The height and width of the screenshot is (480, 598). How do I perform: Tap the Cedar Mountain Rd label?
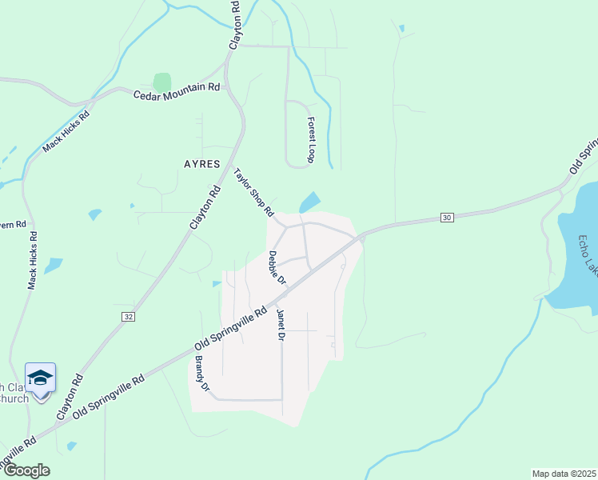click(x=177, y=92)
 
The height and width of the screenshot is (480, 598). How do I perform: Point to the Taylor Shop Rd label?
click(x=254, y=193)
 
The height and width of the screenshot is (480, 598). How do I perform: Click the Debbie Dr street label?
click(x=277, y=268)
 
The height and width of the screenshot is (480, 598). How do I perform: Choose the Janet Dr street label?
click(x=281, y=326)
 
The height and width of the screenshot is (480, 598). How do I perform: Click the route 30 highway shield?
click(x=447, y=218)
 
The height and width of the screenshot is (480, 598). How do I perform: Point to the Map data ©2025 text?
click(x=563, y=474)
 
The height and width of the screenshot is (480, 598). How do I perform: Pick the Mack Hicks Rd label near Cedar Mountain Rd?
click(x=66, y=132)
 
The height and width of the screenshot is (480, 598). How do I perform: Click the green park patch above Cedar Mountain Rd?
click(x=162, y=82)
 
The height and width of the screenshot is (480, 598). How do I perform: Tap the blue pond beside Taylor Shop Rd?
click(x=310, y=202)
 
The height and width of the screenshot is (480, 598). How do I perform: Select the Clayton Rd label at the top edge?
click(x=234, y=26)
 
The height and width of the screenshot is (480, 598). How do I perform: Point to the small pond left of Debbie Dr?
click(x=217, y=283)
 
